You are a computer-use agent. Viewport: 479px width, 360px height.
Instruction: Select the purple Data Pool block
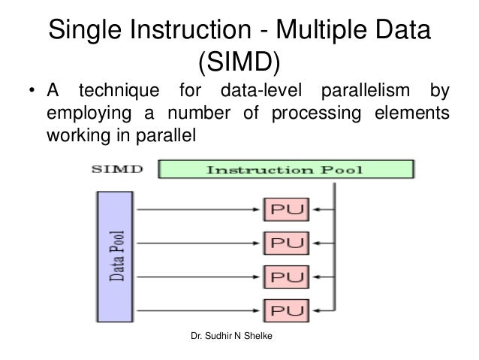coord(119,256)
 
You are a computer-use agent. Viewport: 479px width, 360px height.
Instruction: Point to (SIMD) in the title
coord(239,65)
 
